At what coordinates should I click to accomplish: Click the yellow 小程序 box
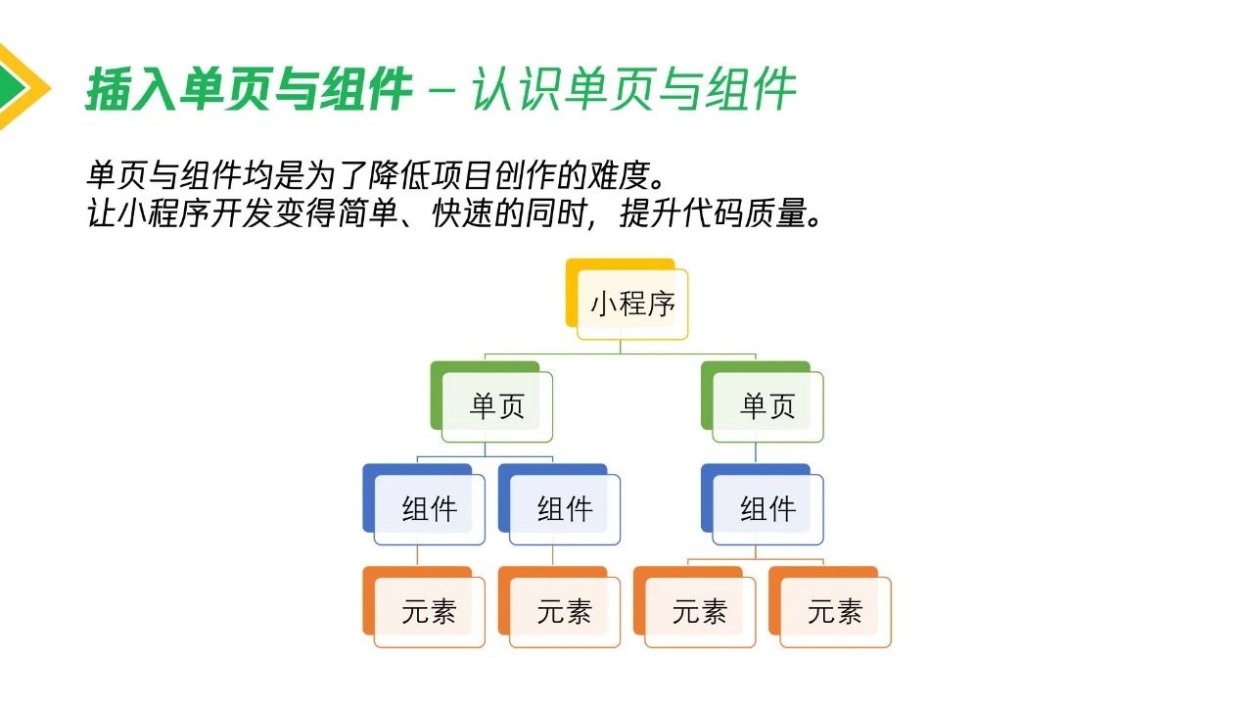pos(627,300)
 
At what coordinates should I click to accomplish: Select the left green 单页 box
pos(491,401)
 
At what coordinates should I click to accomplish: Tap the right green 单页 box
pos(763,401)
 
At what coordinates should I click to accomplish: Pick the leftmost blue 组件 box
pos(424,504)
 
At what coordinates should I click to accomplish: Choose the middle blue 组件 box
pos(559,504)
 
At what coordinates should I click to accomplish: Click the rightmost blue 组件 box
pos(763,504)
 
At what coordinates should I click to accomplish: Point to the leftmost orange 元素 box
pos(424,607)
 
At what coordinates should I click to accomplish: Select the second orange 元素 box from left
pos(559,607)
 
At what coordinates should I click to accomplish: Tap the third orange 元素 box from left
pos(695,607)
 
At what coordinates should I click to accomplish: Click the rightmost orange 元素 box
pos(830,607)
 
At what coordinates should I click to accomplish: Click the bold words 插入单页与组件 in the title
pos(249,88)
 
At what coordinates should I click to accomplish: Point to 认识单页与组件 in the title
pos(633,88)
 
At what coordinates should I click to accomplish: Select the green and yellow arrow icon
pos(23,87)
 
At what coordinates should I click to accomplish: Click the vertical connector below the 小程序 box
pos(621,347)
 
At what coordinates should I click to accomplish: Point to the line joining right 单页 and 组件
pos(756,452)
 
